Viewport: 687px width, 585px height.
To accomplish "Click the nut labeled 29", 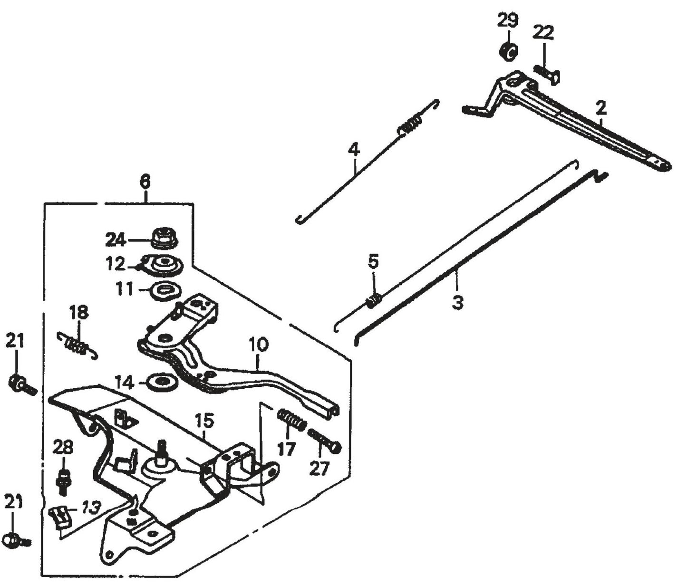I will click(x=508, y=51).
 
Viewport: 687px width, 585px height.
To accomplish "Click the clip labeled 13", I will click(x=59, y=517).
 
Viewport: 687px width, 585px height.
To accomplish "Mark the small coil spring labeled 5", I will click(x=374, y=300).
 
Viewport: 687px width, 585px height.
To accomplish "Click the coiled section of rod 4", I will click(x=409, y=126).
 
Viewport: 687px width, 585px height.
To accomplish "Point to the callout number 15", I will click(x=203, y=421).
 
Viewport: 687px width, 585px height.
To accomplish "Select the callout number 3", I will click(x=457, y=303).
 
